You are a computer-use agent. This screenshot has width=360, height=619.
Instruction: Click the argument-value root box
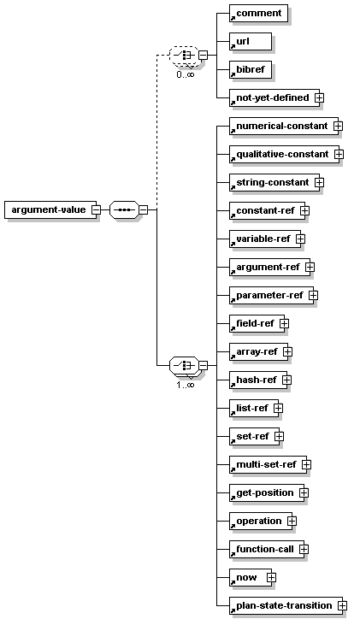click(x=50, y=209)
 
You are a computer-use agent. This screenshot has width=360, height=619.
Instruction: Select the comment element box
click(x=258, y=14)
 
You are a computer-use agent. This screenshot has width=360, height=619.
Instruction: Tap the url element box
click(x=251, y=41)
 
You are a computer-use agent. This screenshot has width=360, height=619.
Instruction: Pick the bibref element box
click(x=251, y=70)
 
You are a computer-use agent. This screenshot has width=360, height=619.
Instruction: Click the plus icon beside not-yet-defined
click(x=319, y=98)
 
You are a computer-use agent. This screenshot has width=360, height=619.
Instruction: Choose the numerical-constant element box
click(x=284, y=127)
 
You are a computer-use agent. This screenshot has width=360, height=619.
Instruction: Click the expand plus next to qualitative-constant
click(x=339, y=155)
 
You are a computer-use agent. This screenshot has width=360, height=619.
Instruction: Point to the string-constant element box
click(x=274, y=183)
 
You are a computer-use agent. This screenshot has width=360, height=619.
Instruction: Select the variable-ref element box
click(x=265, y=239)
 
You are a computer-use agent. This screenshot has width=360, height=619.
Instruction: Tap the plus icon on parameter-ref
click(x=314, y=295)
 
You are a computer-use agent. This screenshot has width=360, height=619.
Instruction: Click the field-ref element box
click(x=257, y=324)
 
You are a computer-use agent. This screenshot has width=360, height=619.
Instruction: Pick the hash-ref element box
click(x=258, y=380)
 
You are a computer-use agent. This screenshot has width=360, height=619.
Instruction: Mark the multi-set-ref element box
click(x=268, y=464)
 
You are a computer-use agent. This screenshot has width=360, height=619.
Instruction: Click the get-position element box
click(x=267, y=493)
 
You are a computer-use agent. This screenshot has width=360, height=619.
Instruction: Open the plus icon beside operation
click(x=292, y=521)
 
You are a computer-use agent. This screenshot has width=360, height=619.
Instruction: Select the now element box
click(x=251, y=578)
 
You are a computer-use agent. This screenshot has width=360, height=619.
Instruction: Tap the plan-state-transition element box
click(x=286, y=606)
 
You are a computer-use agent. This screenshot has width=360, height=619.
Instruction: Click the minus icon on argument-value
click(x=96, y=209)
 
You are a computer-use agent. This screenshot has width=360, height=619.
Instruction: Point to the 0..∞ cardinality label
click(x=186, y=74)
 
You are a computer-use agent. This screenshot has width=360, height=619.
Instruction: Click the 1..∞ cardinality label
click(x=186, y=385)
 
